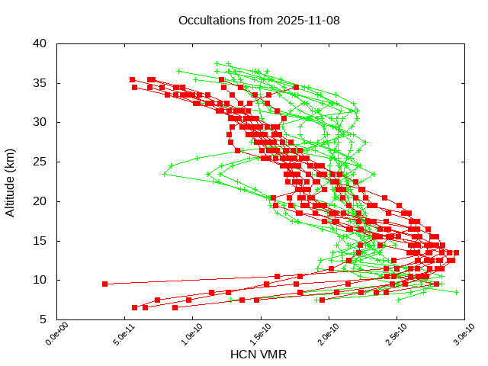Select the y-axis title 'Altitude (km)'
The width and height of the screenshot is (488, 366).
11,181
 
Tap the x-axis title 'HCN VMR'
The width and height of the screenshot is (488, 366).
258,355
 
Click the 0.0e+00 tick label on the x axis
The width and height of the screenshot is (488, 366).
49,335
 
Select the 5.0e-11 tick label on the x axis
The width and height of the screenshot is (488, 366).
117,335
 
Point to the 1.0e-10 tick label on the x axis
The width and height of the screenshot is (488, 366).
185,335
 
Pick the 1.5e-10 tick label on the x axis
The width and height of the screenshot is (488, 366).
252,335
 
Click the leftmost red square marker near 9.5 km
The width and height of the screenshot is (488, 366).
105,284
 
